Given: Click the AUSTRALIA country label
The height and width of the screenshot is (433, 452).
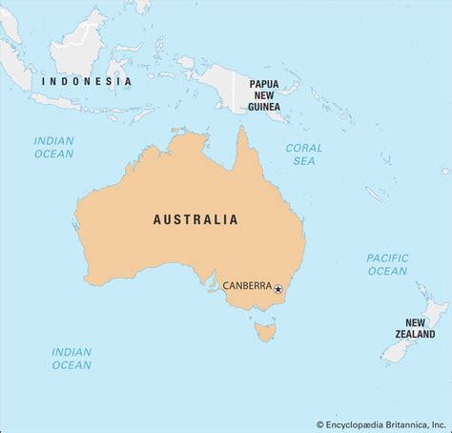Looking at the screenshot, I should pos(195,219).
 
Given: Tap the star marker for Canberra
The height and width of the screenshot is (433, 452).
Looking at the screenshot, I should pos(278,289).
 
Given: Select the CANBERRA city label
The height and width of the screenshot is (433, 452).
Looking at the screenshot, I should pos(246,284).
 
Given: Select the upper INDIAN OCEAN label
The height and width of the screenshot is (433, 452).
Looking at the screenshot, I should pos(54,148).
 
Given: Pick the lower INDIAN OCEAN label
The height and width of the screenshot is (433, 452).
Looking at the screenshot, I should pos(72,358).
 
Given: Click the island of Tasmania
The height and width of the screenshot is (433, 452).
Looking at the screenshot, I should pos(264,334).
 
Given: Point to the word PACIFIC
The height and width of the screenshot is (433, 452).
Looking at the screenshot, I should pos(386,258).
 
